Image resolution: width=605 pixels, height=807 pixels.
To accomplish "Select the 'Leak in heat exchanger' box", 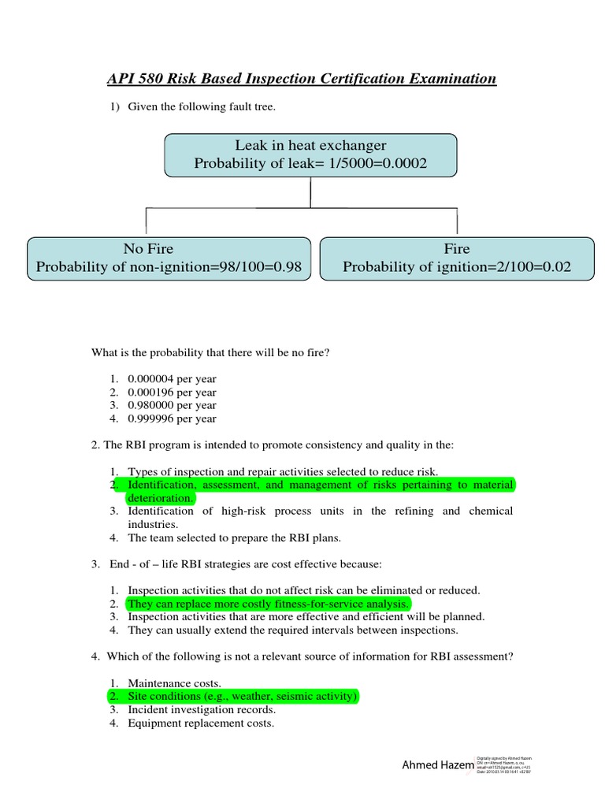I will point(310,154).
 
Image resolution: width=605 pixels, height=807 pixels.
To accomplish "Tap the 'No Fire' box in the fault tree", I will point(169,258).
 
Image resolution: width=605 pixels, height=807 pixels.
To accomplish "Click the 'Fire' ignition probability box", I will point(456,258).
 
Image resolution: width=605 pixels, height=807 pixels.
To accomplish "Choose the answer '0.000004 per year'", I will point(172,379).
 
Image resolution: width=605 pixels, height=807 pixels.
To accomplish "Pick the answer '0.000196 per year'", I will point(172,392).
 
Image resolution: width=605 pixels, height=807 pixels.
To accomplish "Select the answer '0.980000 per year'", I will point(172,406).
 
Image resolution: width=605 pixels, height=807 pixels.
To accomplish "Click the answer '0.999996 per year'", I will point(172,419).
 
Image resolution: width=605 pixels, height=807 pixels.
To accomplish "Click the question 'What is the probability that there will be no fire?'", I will point(210,352).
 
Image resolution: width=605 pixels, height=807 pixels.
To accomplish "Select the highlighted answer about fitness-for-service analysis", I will point(268,604).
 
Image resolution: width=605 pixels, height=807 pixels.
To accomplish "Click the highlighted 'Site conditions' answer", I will point(243,697).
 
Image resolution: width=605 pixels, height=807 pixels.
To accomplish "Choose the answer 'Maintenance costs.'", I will point(174,683).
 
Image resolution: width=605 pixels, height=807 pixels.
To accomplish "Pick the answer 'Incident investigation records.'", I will point(202,710).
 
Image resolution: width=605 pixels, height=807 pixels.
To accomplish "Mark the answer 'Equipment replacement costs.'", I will point(201,723).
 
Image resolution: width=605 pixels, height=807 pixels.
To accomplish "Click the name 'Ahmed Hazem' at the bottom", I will point(438,765).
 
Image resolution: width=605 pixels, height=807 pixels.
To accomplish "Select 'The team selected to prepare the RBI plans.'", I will point(236,538).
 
